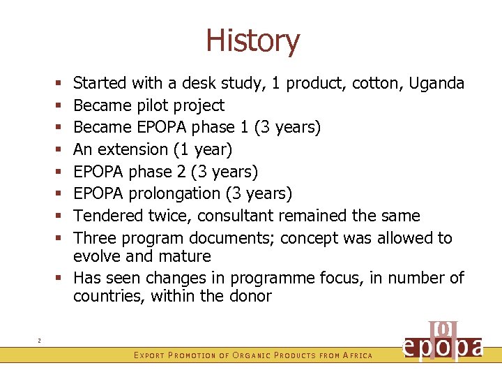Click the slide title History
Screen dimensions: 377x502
(x=252, y=40)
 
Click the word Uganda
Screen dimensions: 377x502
(x=436, y=83)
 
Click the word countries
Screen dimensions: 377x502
(x=105, y=296)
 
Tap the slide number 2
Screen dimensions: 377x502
(x=39, y=341)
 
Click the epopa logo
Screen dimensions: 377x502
(x=443, y=342)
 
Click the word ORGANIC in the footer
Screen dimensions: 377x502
(x=251, y=356)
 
